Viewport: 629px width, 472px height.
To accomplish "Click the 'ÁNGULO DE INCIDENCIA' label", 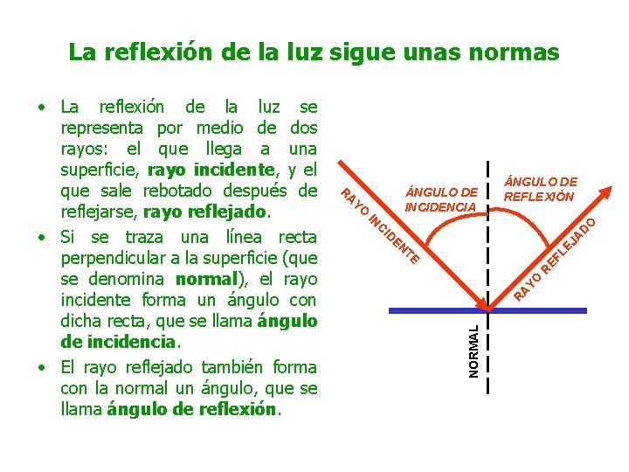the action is (x=442, y=199).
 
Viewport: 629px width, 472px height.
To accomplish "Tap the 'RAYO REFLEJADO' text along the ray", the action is (x=555, y=258).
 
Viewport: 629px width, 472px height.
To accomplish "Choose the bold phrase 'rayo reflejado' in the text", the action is (x=206, y=212).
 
